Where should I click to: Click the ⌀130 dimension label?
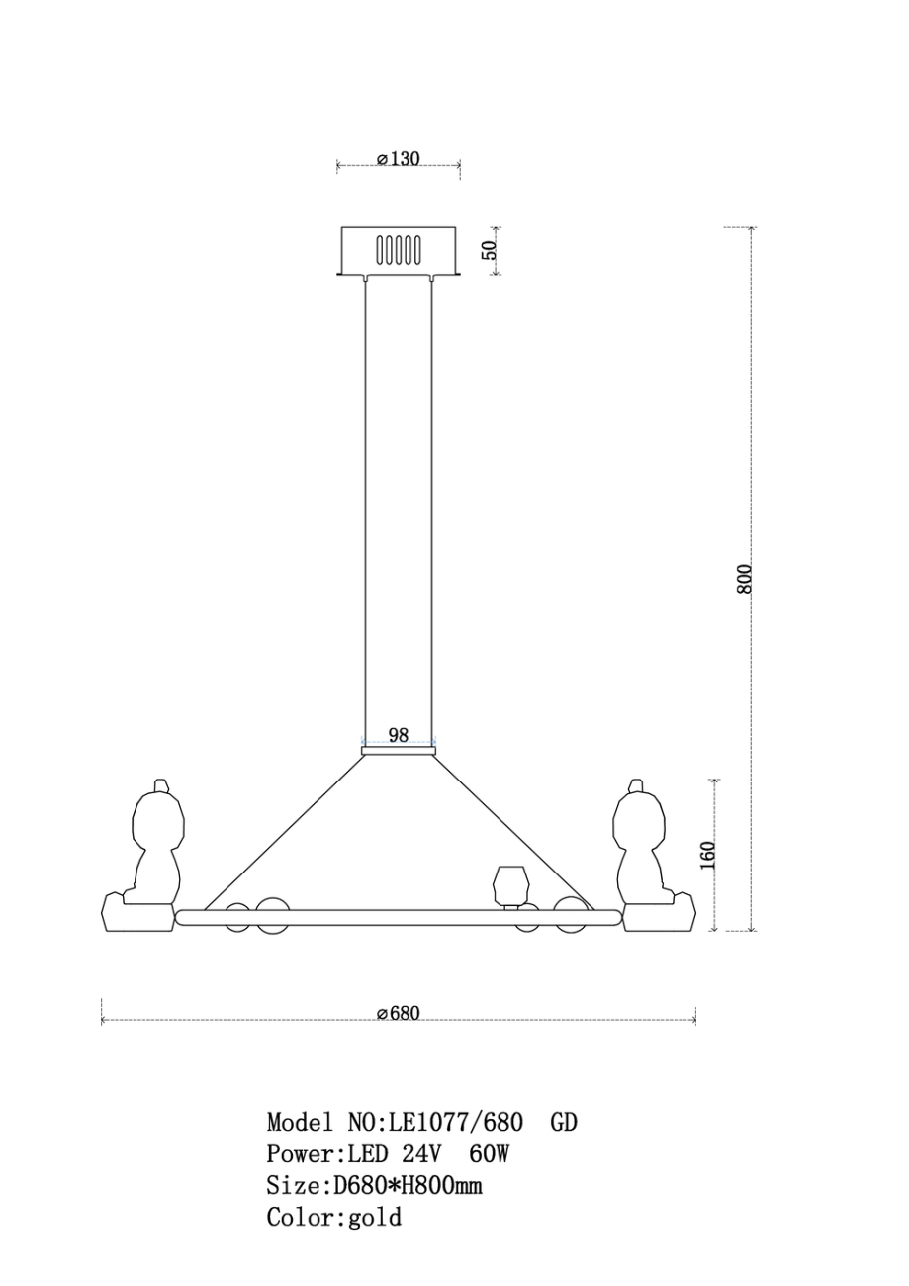click(x=399, y=158)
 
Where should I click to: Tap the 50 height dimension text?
click(x=489, y=249)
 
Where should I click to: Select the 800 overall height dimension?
click(x=744, y=579)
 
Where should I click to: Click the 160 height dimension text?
click(x=708, y=855)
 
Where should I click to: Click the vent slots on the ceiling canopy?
click(x=399, y=249)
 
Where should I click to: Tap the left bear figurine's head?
click(x=158, y=815)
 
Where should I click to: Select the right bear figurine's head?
click(x=639, y=815)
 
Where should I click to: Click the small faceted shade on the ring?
click(x=509, y=884)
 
